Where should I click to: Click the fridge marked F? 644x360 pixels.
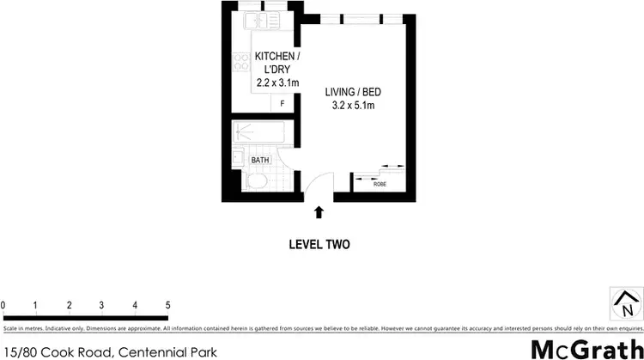click(283, 104)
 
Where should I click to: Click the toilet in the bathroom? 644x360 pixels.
click(255, 184)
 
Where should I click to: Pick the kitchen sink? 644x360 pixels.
click(255, 20)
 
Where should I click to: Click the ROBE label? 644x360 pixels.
click(379, 183)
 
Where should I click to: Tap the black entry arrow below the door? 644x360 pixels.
click(319, 211)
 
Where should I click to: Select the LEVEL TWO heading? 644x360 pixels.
click(319, 244)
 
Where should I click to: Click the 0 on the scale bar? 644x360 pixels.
click(3, 305)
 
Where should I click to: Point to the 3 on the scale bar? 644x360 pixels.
click(101, 305)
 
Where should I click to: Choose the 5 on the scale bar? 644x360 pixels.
click(167, 305)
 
